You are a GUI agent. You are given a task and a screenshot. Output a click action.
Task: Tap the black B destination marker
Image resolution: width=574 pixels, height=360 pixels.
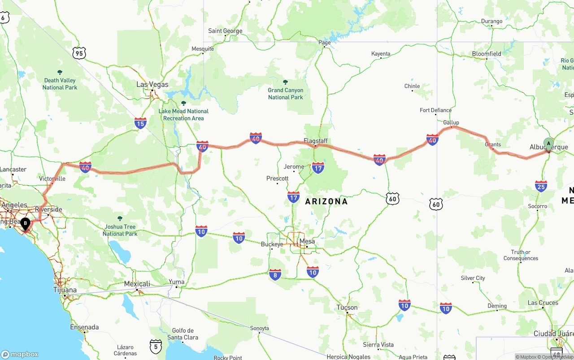tap(26, 223)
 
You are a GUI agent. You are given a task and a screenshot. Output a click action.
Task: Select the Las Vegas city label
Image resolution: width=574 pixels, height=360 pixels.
tap(152, 84)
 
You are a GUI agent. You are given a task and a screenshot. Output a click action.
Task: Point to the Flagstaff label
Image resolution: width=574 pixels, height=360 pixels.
tap(316, 141)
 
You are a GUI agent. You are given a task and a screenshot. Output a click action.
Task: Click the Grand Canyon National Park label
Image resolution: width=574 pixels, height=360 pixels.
tap(286, 93)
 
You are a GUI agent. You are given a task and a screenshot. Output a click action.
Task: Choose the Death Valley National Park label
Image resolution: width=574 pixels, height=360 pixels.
tap(60, 84)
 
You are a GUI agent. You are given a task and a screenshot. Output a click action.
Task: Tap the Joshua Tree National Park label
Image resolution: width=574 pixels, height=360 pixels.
tap(120, 230)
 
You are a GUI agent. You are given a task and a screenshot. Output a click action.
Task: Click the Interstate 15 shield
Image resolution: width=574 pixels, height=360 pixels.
tap(140, 123)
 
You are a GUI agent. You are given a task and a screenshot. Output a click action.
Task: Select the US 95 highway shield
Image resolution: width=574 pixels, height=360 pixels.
tap(79, 53)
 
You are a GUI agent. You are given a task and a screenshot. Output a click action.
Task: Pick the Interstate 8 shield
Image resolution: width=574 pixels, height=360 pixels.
tap(275, 274)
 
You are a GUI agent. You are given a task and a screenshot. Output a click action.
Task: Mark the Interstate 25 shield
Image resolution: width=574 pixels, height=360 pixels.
tap(541, 186)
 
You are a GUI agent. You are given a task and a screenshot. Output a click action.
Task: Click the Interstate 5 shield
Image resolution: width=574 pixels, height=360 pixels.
tap(156, 346)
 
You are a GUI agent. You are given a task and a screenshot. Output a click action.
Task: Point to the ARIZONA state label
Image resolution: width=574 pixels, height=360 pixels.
tap(326, 201)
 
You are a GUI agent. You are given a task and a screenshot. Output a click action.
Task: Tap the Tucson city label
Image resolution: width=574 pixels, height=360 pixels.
tap(348, 307)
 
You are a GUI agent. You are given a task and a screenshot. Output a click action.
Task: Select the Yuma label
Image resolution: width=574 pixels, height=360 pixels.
tap(177, 282)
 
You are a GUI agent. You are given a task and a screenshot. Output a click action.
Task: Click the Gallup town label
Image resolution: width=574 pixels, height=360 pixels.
tap(451, 122)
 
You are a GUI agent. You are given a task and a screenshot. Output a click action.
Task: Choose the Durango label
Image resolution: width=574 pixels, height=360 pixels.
tap(492, 21)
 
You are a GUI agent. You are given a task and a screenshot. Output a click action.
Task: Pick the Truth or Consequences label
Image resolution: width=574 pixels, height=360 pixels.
tap(521, 255)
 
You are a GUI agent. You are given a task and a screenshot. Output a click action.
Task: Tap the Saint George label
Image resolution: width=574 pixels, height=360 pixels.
tap(225, 31)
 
